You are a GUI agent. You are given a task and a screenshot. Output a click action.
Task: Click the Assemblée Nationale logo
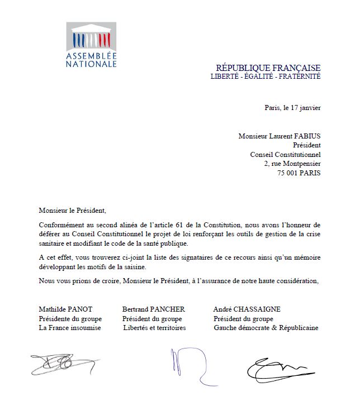pos(91,45)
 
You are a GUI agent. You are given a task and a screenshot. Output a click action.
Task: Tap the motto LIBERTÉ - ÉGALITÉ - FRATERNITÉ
pos(265,77)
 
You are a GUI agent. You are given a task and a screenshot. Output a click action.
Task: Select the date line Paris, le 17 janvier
pos(292,108)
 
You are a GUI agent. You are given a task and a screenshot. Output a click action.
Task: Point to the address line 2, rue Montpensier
pos(292,164)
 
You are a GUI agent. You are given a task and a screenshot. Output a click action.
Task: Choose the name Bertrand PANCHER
pos(153,309)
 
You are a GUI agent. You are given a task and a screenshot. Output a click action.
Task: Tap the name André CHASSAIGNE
pos(247,309)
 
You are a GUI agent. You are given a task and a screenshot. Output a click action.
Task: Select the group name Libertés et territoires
pos(155,328)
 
